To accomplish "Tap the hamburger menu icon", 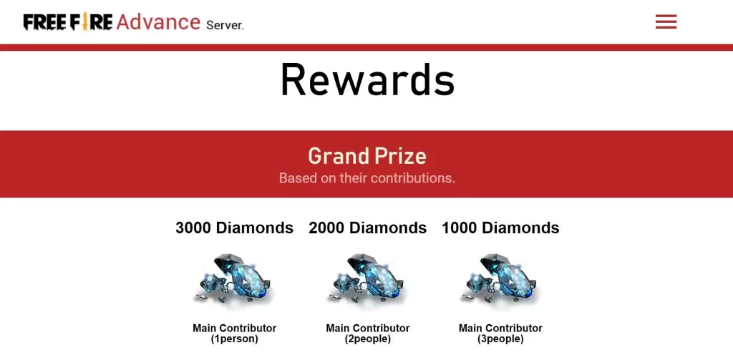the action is click(x=666, y=21).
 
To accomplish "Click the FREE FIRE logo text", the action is click(x=68, y=22).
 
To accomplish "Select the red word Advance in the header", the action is click(x=158, y=22).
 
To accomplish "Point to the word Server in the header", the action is click(x=225, y=25).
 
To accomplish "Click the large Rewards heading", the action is click(x=367, y=80).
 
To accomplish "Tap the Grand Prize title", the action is click(x=367, y=156).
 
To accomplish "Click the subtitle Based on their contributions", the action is click(x=367, y=178).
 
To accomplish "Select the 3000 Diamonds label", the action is click(x=234, y=228).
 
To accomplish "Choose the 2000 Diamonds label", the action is click(x=367, y=228).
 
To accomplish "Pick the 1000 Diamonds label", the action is click(x=500, y=228).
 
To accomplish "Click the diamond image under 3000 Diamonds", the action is click(x=233, y=280).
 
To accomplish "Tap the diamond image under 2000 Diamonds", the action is click(x=366, y=280).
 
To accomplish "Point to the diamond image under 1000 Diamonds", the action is click(x=500, y=280).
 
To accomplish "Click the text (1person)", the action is click(x=234, y=339).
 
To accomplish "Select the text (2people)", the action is click(x=367, y=339).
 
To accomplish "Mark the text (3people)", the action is click(x=500, y=339).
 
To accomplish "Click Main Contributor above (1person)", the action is click(x=234, y=329).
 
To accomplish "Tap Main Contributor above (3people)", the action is click(x=500, y=329).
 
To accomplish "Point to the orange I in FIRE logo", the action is click(x=85, y=21).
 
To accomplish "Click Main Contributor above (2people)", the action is click(x=367, y=329).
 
